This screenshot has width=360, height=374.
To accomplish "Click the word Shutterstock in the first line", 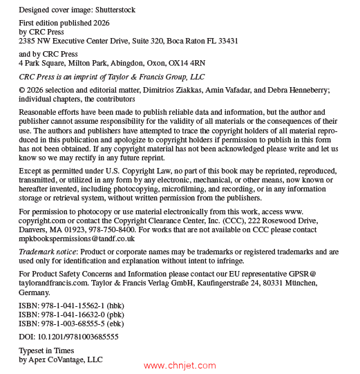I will pos(113,10).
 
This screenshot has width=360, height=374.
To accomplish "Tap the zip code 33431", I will pos(227,41).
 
